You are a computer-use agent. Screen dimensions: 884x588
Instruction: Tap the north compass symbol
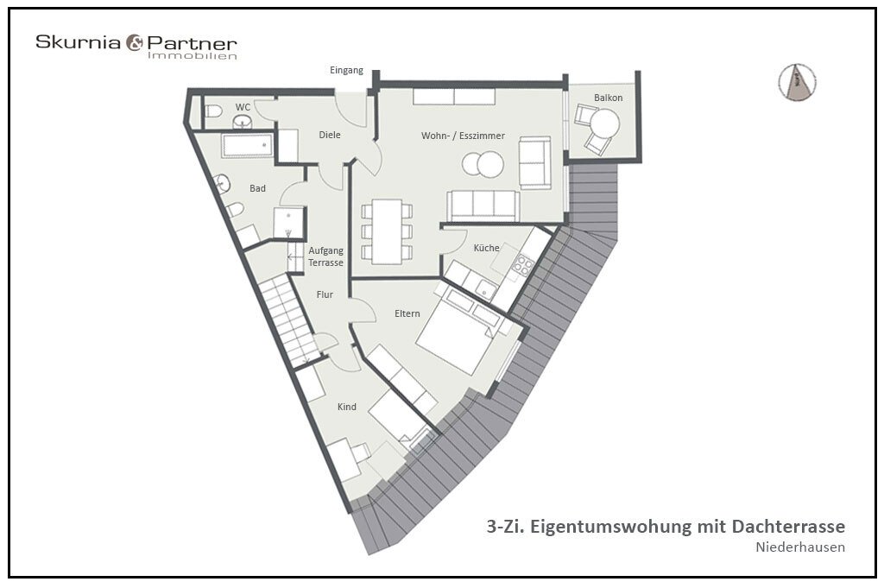[x=797, y=82]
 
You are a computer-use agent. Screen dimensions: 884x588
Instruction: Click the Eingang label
[x=346, y=71]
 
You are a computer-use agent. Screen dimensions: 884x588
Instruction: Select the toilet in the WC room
[x=213, y=111]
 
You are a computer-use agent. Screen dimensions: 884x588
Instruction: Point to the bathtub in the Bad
[x=248, y=145]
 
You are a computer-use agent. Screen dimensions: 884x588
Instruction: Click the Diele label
[x=330, y=135]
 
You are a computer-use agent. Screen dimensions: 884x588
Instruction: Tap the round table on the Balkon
[x=604, y=123]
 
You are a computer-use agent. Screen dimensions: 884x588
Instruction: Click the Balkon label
[x=609, y=98]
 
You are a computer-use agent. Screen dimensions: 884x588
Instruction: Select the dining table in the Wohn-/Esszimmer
[x=387, y=231]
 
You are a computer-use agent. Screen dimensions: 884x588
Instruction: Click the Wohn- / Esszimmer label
[x=463, y=136]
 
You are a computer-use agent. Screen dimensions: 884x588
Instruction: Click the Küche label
[x=487, y=248]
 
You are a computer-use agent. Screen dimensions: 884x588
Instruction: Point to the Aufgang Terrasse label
[x=325, y=256]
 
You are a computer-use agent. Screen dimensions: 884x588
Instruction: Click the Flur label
[x=325, y=294]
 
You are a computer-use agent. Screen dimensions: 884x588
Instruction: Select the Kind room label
[x=347, y=407]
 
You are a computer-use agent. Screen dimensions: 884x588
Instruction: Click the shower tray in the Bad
[x=288, y=223]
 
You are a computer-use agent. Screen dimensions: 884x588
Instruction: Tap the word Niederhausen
[x=800, y=547]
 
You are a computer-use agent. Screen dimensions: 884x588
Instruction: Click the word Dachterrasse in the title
[x=789, y=527]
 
